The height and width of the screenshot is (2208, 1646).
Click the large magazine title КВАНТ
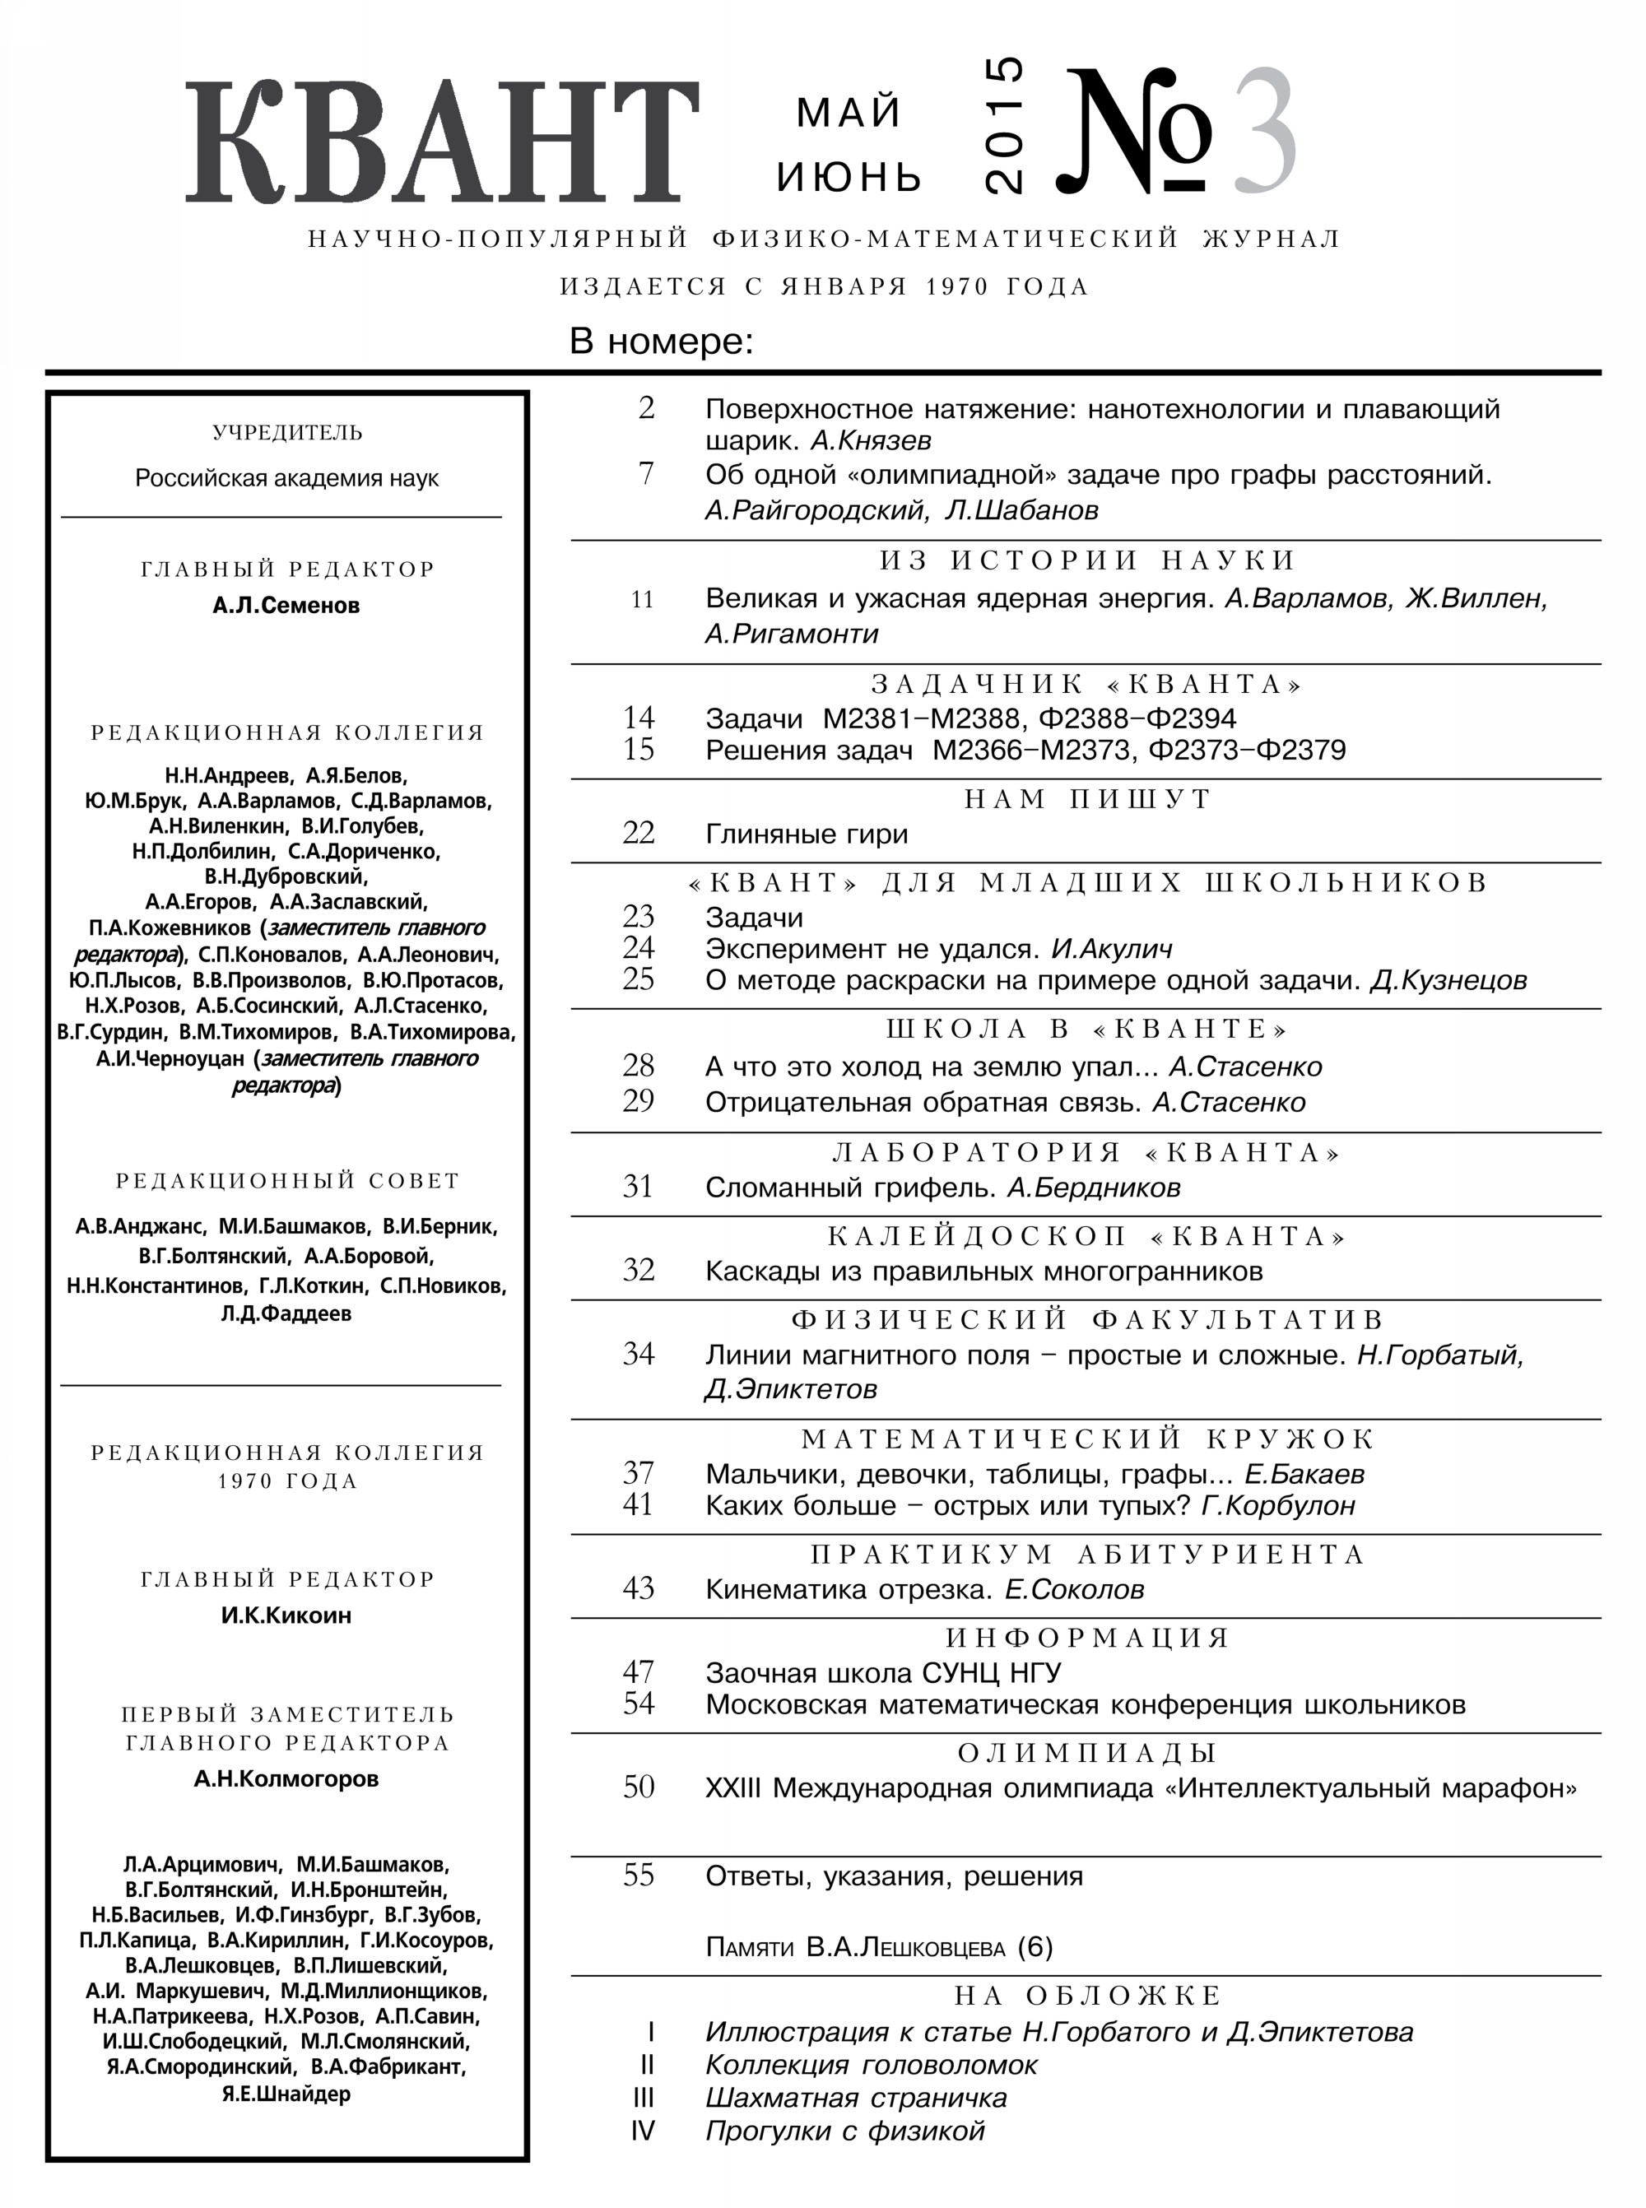(440, 142)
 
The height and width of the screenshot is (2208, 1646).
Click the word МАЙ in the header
(848, 113)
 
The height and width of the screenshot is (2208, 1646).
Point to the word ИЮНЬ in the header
(849, 178)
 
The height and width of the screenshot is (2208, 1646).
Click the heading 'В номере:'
(661, 342)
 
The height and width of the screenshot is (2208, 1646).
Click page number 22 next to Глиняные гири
(638, 833)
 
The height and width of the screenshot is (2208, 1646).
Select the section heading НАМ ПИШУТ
(1087, 799)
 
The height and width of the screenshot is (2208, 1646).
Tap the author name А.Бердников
(1093, 1188)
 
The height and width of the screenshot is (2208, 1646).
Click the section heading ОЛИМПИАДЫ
(1087, 1753)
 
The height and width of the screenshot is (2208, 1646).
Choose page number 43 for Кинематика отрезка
(638, 1588)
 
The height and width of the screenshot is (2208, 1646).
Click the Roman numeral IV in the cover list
(643, 2131)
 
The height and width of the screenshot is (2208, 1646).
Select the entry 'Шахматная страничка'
(856, 2099)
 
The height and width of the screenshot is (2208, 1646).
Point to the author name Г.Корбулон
(1278, 1504)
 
